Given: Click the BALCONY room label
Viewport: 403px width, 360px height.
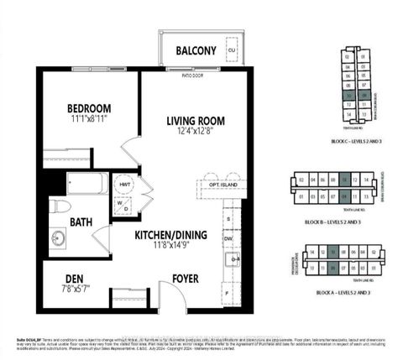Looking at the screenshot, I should (x=196, y=51).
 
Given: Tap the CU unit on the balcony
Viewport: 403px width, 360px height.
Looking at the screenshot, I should (x=231, y=50).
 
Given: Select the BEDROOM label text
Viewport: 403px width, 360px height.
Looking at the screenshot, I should (x=91, y=109).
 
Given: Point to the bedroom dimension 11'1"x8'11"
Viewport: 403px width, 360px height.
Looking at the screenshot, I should (x=91, y=121).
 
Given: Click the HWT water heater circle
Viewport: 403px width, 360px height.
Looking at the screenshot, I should (x=125, y=184).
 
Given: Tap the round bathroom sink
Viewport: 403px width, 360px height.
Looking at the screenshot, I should (x=58, y=237).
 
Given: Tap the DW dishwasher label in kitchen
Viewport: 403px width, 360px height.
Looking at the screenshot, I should (x=228, y=238).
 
